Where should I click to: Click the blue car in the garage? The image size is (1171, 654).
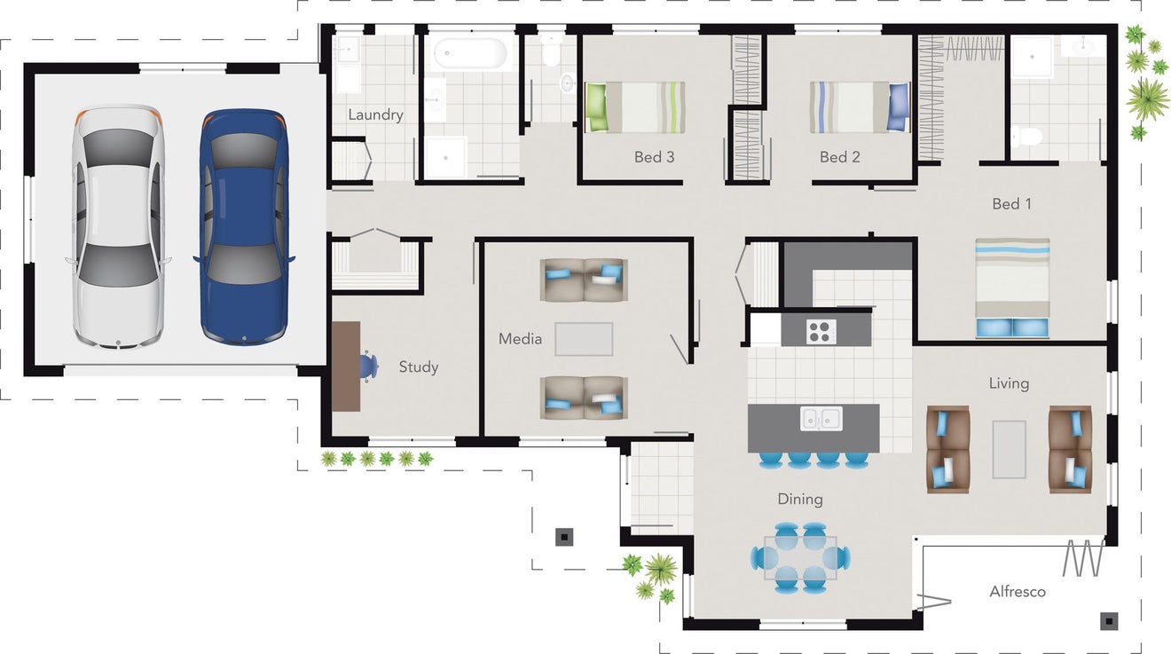244,227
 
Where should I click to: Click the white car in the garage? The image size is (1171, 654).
118,227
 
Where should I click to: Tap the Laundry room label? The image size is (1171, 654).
375,115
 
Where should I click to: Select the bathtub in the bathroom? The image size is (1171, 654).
470,53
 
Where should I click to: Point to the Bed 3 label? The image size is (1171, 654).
654,157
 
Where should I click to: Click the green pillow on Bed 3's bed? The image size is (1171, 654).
595,107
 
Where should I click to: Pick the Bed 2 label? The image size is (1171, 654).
839,157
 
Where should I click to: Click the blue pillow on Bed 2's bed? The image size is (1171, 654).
899,107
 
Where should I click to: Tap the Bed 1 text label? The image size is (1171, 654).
1011,204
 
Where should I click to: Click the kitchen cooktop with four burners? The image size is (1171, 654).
821,332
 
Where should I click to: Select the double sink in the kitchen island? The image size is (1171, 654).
821,418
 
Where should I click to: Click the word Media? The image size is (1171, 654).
520,339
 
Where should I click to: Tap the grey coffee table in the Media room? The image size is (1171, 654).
584,339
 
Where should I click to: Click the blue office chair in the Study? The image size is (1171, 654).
369,366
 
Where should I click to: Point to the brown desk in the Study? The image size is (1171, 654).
346,366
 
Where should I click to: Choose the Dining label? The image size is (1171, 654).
800,500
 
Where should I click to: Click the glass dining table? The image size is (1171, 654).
800,558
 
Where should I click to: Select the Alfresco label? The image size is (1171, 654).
1018,592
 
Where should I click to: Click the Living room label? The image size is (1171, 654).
1009,383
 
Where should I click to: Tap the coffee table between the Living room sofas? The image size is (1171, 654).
1009,450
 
